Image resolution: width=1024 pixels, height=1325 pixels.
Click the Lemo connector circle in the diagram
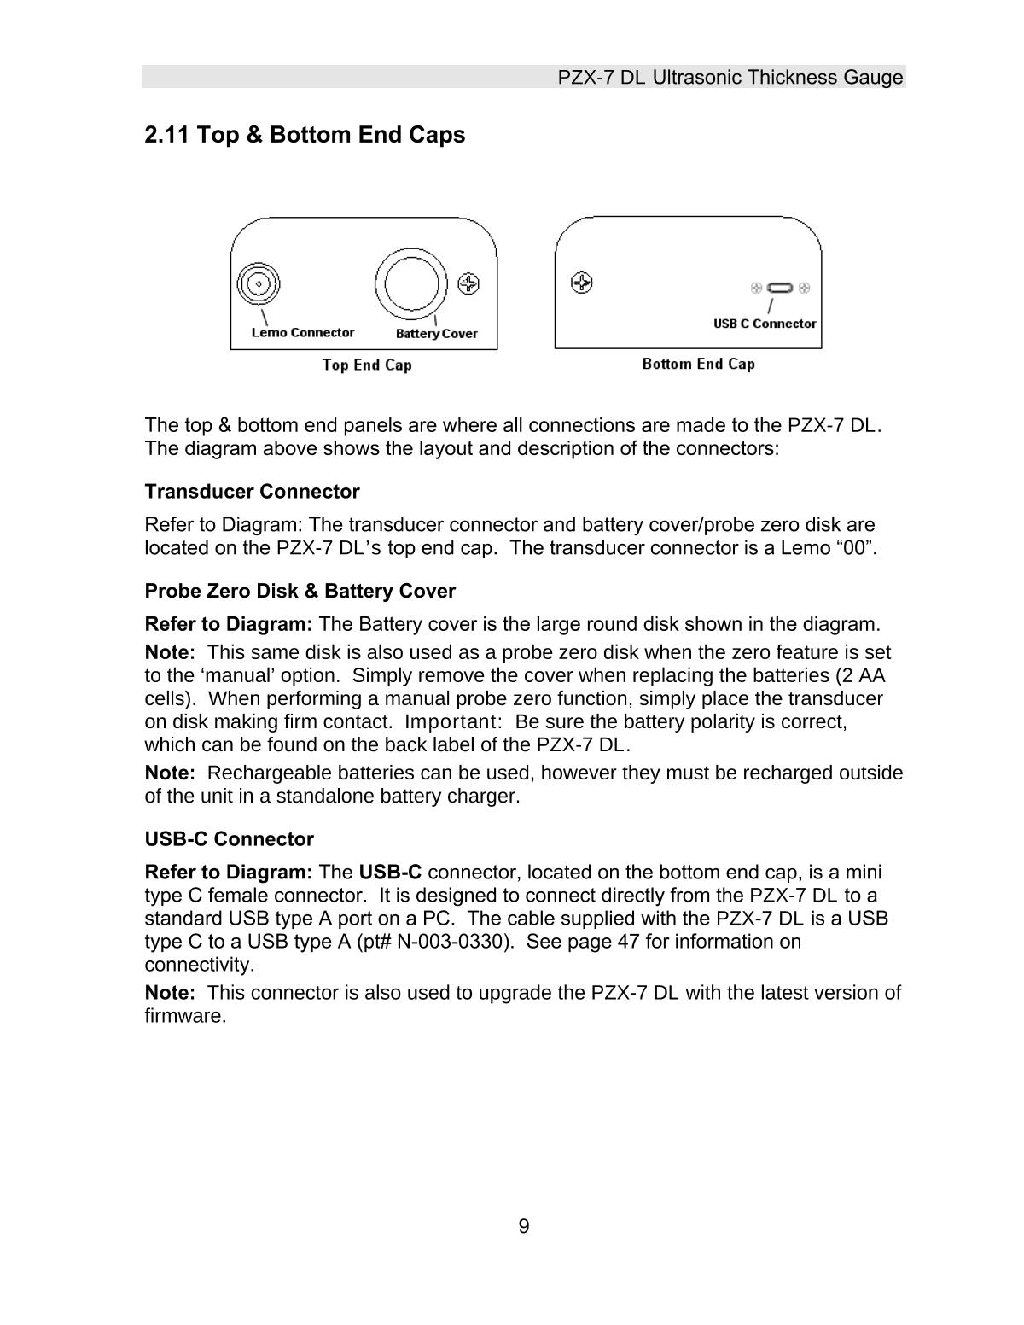[259, 283]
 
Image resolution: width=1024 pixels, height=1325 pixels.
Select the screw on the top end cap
[468, 283]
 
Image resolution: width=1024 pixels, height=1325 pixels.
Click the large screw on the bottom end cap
[581, 283]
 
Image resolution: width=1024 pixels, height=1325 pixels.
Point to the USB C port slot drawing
[780, 288]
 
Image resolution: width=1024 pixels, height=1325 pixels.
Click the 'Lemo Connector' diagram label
[302, 332]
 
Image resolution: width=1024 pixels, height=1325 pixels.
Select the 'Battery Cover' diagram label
[436, 334]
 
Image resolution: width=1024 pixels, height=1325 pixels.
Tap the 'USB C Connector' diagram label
[765, 324]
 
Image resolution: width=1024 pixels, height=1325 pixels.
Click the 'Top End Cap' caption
[366, 365]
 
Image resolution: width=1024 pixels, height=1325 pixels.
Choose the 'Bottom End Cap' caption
[698, 365]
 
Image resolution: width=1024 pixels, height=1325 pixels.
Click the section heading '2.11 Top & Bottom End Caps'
[305, 135]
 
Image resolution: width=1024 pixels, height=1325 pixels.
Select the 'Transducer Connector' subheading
[252, 492]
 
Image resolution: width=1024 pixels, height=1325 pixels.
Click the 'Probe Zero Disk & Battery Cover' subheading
[300, 591]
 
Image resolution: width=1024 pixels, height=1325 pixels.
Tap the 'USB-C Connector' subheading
[229, 839]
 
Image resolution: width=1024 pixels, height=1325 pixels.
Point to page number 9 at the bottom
[523, 1227]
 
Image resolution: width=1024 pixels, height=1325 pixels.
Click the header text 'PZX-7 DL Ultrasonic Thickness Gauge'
[730, 78]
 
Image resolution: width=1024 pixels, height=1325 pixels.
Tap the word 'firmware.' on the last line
[185, 1016]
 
